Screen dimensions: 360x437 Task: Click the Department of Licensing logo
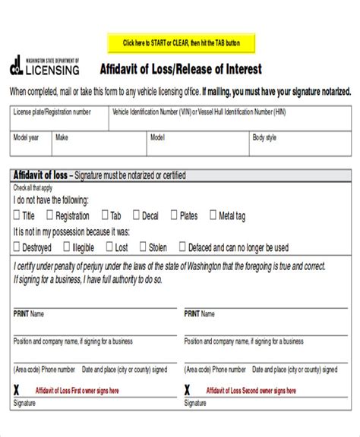[x=43, y=67]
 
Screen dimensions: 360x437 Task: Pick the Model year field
[x=30, y=146]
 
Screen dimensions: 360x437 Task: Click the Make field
[x=99, y=146]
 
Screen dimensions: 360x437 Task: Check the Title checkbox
[x=17, y=215]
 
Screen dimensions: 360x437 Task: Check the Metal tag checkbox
[x=213, y=215]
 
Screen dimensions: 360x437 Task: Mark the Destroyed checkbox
[x=17, y=247]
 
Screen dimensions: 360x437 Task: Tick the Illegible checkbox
[x=67, y=247]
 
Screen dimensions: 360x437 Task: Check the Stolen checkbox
[x=109, y=247]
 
